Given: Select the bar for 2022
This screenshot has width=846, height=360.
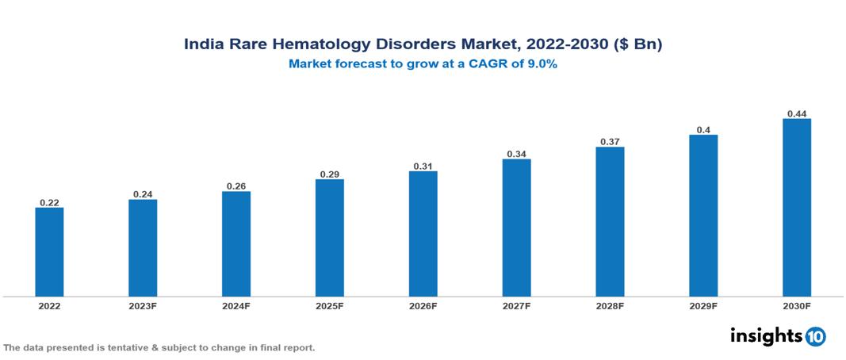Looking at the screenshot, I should pos(49,251).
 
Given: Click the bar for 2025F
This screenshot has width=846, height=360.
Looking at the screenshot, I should pos(330,237).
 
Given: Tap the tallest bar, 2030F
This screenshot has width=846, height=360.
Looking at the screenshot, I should pos(797,207).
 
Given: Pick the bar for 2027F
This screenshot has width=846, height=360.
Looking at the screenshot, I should pos(516,228).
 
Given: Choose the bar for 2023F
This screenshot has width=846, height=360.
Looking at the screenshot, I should pos(143,247).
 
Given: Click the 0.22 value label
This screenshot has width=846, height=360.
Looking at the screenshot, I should pos(49,202).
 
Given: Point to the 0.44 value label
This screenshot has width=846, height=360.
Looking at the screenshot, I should pos(797,113).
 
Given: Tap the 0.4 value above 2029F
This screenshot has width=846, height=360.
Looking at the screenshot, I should pos(703,129).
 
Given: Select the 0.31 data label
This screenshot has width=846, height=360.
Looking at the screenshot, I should pos(423,166).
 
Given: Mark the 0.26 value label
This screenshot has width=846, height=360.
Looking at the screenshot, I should pos(236,186).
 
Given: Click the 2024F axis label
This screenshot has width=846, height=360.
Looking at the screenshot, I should pos(236,305).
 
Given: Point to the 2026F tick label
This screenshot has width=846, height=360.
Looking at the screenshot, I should pos(423,305).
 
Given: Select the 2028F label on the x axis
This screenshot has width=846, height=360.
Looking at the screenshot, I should pos(610,305).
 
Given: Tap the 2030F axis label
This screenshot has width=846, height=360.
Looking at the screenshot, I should pos(797,305).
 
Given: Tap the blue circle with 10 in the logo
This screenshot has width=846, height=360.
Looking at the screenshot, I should pos(815,336).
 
